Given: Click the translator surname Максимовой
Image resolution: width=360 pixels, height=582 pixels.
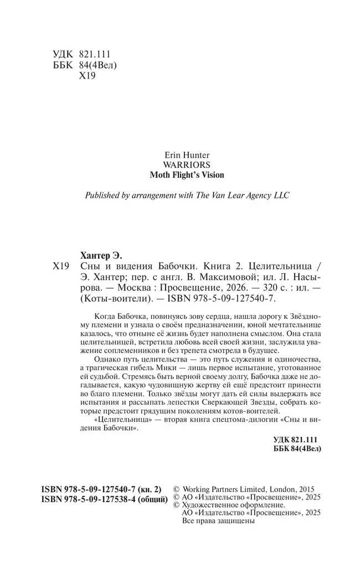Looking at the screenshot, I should [230, 277].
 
